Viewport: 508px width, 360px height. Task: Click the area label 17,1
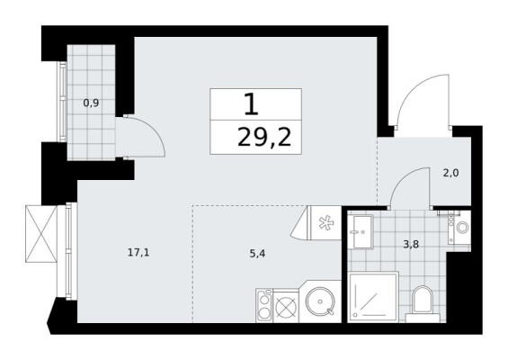(138, 252)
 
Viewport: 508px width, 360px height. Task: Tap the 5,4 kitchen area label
(257, 254)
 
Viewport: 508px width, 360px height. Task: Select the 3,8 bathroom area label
(411, 244)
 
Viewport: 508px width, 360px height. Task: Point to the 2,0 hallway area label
(451, 173)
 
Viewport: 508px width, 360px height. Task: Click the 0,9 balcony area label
(91, 103)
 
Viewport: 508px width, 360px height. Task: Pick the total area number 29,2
(264, 137)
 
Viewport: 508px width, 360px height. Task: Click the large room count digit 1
(252, 103)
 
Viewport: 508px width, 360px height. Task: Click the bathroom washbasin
(362, 231)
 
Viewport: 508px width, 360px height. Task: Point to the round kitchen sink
(320, 301)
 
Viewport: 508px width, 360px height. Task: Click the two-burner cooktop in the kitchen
(264, 305)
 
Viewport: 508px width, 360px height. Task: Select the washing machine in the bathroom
(459, 228)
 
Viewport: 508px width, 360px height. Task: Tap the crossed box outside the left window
(41, 233)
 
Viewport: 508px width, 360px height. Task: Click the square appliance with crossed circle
(286, 306)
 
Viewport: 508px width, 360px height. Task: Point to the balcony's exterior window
(63, 102)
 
